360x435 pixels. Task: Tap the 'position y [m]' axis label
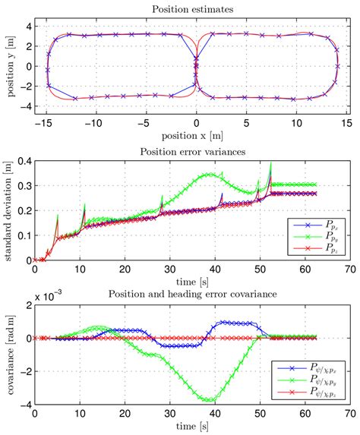pyautogui.click(x=9, y=66)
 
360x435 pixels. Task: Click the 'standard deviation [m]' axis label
pyautogui.click(x=9, y=207)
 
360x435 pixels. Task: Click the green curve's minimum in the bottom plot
pyautogui.click(x=205, y=399)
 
